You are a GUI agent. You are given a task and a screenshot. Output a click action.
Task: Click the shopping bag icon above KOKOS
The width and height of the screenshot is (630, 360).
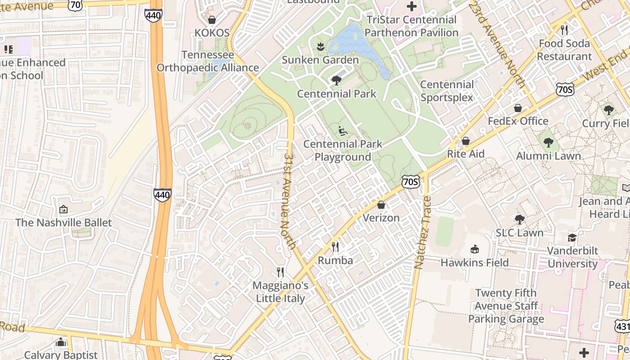click(x=212, y=20)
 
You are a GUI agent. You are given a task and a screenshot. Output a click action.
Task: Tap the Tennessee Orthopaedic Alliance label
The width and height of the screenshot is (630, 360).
click(x=208, y=62)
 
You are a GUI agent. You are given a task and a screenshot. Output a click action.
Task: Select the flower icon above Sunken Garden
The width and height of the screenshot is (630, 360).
click(x=320, y=46)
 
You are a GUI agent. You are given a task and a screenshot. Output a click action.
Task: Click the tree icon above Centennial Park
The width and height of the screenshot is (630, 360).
click(x=336, y=81)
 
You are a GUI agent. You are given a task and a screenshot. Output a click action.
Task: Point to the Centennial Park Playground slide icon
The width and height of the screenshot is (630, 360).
click(x=343, y=131)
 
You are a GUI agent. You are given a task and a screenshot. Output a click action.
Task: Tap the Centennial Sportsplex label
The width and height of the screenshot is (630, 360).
click(x=446, y=91)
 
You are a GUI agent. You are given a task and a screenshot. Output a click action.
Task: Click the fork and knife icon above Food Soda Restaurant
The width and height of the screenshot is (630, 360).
click(x=564, y=30)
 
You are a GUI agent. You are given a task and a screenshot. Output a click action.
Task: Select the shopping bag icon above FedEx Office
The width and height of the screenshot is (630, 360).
click(x=518, y=108)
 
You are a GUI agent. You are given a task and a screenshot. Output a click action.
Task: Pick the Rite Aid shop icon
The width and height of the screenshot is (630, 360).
click(x=465, y=141)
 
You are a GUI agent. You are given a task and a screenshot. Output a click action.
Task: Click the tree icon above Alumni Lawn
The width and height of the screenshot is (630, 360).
click(x=548, y=143)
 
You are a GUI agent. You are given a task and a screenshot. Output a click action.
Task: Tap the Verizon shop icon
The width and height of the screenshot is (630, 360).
click(x=381, y=205)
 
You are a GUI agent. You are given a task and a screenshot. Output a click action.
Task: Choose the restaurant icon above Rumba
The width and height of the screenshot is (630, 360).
click(x=335, y=247)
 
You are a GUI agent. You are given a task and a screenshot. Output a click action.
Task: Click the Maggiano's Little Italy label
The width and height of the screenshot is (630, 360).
click(x=280, y=292)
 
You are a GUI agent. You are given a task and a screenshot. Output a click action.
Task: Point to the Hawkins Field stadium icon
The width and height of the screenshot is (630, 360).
click(x=474, y=249)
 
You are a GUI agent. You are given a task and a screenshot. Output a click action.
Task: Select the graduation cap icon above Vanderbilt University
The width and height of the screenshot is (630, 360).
click(x=572, y=238)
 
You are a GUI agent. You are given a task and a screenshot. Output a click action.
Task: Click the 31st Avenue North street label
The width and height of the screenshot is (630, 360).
click(x=289, y=200)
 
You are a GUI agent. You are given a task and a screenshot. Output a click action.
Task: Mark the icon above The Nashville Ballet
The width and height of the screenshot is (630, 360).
click(x=63, y=209)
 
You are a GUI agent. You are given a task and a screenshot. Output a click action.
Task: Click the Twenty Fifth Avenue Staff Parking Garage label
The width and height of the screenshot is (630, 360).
click(x=506, y=306)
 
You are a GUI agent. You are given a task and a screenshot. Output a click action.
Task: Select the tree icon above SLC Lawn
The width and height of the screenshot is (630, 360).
click(x=520, y=220)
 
